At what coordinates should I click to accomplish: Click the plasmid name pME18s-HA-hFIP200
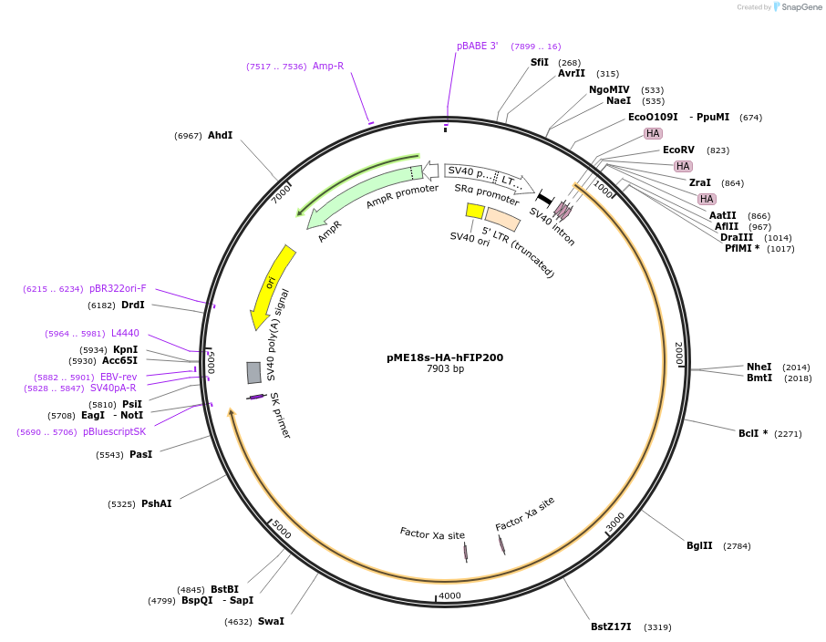(445, 357)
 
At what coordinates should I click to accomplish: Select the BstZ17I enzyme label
(611, 626)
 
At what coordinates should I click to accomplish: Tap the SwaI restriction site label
(271, 621)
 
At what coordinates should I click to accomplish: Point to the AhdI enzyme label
(220, 135)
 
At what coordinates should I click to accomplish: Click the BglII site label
(699, 545)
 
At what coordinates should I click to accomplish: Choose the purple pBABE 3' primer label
(477, 46)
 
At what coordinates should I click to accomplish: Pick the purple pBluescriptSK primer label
(114, 431)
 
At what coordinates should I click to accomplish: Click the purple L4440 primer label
(125, 333)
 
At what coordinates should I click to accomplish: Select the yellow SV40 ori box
(475, 211)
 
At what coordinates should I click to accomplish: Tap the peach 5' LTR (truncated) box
(502, 219)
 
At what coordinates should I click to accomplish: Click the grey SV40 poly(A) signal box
(253, 372)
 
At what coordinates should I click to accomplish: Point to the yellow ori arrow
(271, 286)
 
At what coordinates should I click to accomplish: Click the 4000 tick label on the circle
(450, 595)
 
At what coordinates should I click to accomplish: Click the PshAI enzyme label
(156, 503)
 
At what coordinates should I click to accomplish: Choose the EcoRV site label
(678, 150)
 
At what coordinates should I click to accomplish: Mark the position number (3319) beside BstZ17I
(657, 626)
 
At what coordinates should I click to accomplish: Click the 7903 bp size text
(445, 369)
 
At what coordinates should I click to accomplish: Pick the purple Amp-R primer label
(328, 66)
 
